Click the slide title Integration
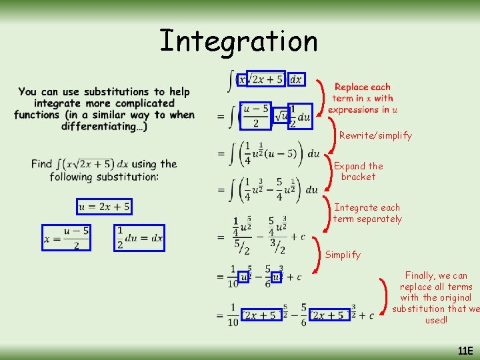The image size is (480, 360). point(238,41)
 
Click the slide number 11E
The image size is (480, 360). point(465,351)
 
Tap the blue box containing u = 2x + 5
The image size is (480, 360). point(104,207)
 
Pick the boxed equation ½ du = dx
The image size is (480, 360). point(139,237)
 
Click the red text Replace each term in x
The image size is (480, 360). point(362,93)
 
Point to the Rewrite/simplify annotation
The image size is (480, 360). point(375,135)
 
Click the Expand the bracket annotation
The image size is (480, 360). point(359,171)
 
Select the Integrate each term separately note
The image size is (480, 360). point(367,213)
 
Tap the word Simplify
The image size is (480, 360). point(343,255)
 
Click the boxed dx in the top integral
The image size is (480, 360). point(296,79)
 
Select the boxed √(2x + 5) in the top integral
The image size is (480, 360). point(265,79)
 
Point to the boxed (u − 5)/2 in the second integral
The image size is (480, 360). point(256,115)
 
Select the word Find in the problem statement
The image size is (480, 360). point(41,164)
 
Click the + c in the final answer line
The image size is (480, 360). point(367,316)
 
